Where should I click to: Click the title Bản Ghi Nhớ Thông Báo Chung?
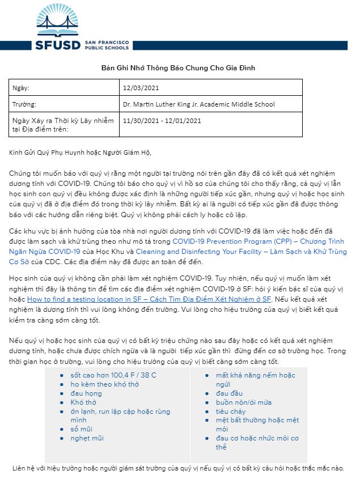click(x=179, y=68)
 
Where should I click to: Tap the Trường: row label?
click(x=24, y=104)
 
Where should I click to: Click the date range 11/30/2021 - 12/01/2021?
click(x=162, y=121)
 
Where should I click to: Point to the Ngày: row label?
click(x=20, y=88)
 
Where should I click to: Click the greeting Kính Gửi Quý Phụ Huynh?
click(x=81, y=152)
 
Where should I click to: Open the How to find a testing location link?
click(x=149, y=299)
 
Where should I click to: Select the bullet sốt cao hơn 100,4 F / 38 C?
click(x=113, y=375)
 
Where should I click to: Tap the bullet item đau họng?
click(x=86, y=393)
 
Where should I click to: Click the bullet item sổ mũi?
click(x=82, y=429)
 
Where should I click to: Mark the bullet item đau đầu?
click(x=230, y=393)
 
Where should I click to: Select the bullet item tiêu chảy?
click(x=230, y=412)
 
